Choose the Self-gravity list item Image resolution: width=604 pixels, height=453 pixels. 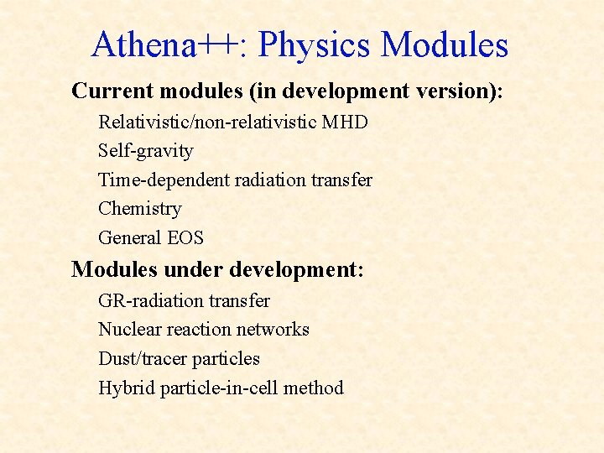(x=146, y=151)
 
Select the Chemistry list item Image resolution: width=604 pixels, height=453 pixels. (x=139, y=208)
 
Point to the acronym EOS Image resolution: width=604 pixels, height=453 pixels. (x=185, y=237)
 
